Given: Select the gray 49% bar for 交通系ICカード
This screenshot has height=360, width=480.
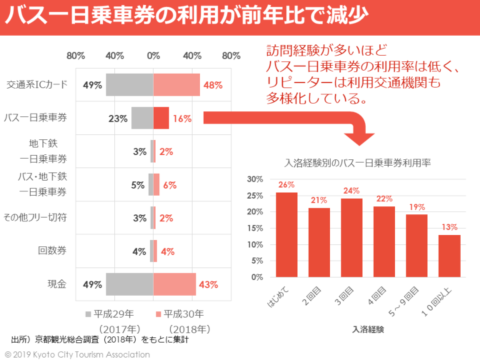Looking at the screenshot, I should [129, 85].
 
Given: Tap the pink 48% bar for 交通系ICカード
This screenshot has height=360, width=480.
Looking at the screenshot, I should [176, 85].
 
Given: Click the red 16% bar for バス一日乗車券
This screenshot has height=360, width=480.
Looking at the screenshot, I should [161, 118].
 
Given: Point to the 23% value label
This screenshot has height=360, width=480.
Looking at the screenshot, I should [118, 118].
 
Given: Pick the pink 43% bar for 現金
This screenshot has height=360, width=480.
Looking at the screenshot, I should [174, 284].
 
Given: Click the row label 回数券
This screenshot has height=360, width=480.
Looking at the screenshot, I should [52, 251].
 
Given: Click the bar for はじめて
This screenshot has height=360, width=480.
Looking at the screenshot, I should [286, 234].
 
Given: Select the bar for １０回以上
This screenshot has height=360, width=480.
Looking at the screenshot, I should [449, 256].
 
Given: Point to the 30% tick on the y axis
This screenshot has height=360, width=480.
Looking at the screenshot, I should [256, 179].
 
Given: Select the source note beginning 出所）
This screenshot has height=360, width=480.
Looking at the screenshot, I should [100, 341].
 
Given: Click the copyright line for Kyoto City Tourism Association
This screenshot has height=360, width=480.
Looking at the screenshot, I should [77, 354].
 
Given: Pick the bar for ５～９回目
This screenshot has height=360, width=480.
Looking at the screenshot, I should [416, 246].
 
